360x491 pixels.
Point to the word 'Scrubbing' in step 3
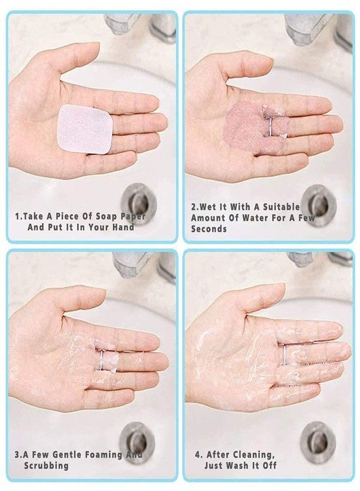(x=46, y=465)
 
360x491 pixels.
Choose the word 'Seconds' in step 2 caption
(x=209, y=229)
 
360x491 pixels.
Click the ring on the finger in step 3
(x=100, y=358)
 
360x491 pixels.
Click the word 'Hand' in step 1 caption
(x=122, y=227)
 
